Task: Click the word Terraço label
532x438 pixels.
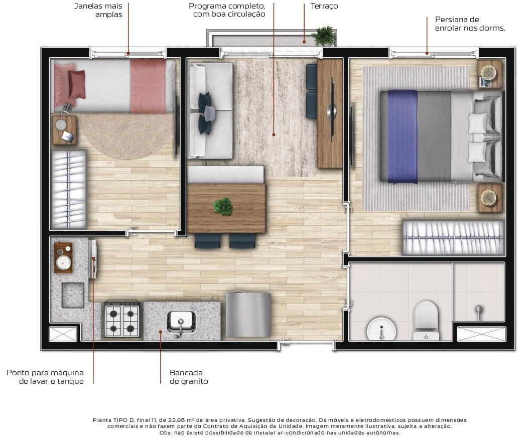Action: pos(324,6)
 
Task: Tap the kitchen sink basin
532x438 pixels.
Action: pos(181,321)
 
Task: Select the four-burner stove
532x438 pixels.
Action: pos(122,319)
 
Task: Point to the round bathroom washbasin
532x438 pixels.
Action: pos(381,329)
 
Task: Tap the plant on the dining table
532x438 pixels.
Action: pos(223,206)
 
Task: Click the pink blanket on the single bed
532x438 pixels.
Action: pos(148,86)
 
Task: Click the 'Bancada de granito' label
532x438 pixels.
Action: pos(189,377)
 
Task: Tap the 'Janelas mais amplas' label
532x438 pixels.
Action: pos(98,10)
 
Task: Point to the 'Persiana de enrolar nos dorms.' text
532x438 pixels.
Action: pos(470,24)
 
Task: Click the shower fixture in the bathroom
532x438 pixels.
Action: pos(478,312)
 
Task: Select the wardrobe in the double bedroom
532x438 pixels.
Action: pos(453,238)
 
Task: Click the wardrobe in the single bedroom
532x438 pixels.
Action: pos(68,190)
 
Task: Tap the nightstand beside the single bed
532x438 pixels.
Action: pos(64,130)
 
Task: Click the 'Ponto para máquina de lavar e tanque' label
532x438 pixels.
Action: pos(45,377)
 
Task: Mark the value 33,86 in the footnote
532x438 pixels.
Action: pos(175,420)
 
